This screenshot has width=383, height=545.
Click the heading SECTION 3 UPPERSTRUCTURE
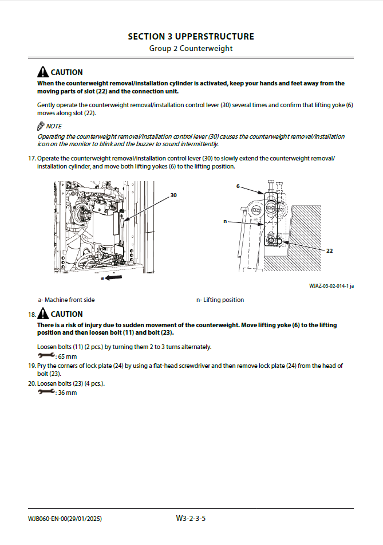point(191,37)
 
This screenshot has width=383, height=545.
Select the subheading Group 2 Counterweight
point(191,48)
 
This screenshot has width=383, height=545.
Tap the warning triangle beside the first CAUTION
point(43,72)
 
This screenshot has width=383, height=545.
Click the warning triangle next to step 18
point(43,314)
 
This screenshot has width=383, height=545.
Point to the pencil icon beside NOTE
point(41,126)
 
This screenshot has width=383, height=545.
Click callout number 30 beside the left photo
point(173,195)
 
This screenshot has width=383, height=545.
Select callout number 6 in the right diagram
point(238,186)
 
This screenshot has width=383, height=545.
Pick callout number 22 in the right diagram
point(329,250)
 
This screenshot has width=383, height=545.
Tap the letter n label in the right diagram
point(226,221)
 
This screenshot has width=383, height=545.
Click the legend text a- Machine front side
point(66,300)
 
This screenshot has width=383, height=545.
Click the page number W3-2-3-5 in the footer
point(191,519)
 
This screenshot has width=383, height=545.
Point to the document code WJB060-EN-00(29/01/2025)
point(65,519)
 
